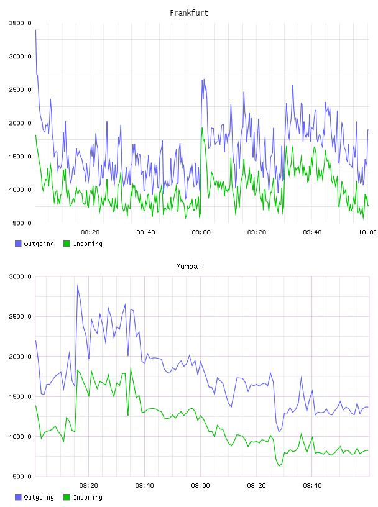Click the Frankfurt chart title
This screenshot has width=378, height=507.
click(189, 13)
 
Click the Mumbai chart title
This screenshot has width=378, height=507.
click(188, 267)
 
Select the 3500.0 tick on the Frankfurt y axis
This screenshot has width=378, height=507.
click(20, 23)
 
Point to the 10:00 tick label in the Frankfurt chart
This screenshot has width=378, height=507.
click(367, 232)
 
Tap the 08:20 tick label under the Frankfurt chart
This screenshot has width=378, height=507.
click(90, 232)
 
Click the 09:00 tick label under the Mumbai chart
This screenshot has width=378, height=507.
click(200, 485)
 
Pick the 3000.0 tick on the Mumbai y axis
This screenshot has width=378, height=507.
click(20, 276)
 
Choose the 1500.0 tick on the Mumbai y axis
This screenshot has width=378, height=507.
click(20, 396)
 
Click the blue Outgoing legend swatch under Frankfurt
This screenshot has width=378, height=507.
click(18, 244)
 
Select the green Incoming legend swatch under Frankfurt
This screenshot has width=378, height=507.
click(67, 244)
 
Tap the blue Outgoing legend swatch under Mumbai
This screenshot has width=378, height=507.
click(18, 497)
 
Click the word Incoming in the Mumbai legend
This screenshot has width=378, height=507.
click(88, 497)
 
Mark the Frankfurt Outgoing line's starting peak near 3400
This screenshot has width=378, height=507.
click(35, 30)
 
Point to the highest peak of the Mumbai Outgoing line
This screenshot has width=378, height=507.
click(77, 286)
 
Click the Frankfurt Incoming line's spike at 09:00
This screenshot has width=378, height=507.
click(202, 128)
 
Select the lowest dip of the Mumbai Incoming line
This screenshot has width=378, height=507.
click(279, 466)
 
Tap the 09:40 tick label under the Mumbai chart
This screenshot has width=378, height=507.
click(312, 485)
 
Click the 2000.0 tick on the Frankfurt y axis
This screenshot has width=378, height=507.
click(20, 123)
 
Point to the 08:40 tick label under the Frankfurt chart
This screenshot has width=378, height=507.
click(145, 232)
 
